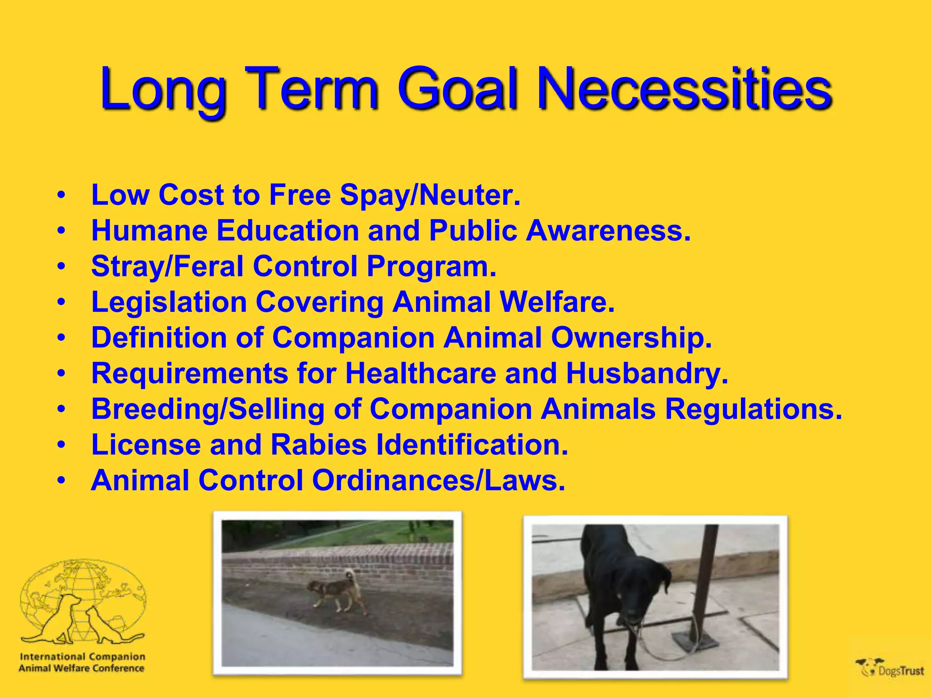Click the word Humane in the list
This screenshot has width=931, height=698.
[149, 230]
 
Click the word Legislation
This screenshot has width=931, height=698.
[169, 302]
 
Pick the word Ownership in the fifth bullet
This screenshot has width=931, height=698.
[631, 338]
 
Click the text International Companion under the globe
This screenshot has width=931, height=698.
[82, 656]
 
